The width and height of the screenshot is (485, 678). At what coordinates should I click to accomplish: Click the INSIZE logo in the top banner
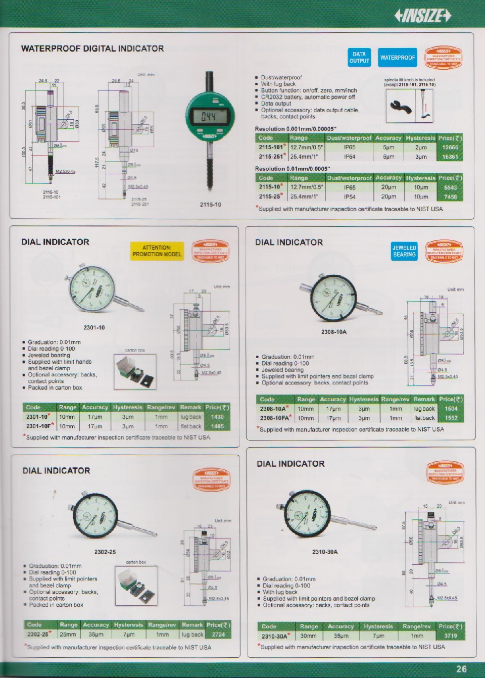coord(422,16)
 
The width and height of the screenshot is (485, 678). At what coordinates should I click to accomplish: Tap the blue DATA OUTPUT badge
coord(359,58)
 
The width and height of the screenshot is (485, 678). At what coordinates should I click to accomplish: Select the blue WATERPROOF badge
coord(398,58)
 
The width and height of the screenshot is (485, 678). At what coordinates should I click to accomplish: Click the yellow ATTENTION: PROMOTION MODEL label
coord(157,251)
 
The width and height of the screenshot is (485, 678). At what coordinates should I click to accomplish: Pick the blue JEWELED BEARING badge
coord(404,251)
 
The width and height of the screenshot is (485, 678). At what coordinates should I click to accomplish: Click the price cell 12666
coord(450,148)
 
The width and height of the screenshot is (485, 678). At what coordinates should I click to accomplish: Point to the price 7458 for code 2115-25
coord(450,197)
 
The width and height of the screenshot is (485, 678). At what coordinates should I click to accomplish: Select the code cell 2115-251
coord(272,157)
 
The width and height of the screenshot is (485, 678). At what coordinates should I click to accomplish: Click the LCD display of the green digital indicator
coord(209,117)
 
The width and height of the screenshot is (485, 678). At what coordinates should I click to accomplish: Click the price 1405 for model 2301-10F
coord(217,426)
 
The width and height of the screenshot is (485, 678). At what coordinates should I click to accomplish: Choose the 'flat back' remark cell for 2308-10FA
coord(424,418)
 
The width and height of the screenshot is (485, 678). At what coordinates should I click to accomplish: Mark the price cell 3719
coord(450,636)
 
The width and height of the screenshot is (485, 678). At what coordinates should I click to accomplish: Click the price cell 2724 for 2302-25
coord(218,635)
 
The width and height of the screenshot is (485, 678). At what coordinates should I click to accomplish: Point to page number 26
coord(461,669)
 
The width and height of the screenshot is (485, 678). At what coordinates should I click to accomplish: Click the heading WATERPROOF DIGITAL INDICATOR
coord(92,49)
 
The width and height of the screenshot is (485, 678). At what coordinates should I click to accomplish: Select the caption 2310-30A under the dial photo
coord(325,552)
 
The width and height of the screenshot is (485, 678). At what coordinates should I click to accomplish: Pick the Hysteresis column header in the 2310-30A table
coord(378,626)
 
